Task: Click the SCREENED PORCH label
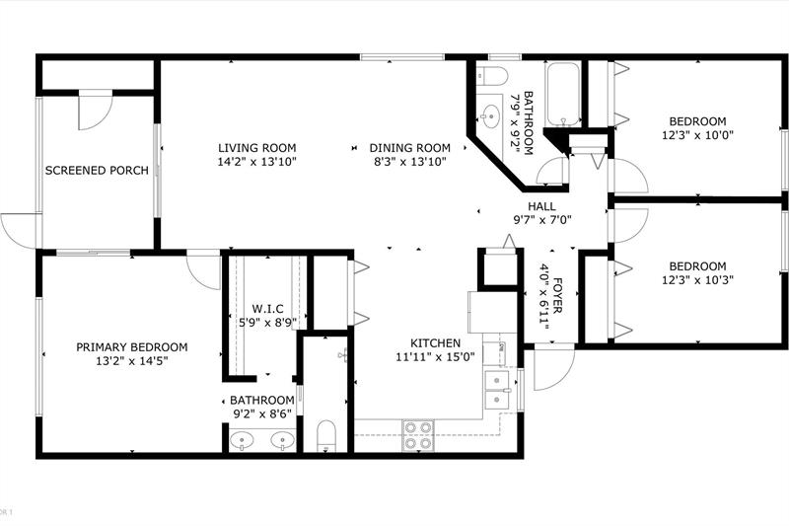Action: click(x=97, y=170)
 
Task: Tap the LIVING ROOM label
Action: click(x=257, y=148)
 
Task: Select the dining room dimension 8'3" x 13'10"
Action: click(x=409, y=162)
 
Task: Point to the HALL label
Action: click(x=541, y=206)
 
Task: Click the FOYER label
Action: click(x=557, y=295)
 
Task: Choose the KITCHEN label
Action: click(x=435, y=343)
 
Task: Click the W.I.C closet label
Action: click(x=267, y=309)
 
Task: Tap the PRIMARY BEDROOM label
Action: click(x=132, y=346)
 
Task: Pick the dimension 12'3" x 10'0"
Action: click(x=697, y=135)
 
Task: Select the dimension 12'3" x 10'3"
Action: click(x=697, y=279)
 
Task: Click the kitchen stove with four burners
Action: click(x=418, y=435)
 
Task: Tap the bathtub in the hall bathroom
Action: click(x=563, y=94)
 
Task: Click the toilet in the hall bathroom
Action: click(x=491, y=76)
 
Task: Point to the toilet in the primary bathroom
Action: click(x=326, y=436)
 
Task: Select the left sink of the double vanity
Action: click(x=243, y=441)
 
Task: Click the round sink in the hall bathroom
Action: click(x=489, y=116)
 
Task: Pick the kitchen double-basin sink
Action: click(x=497, y=390)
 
